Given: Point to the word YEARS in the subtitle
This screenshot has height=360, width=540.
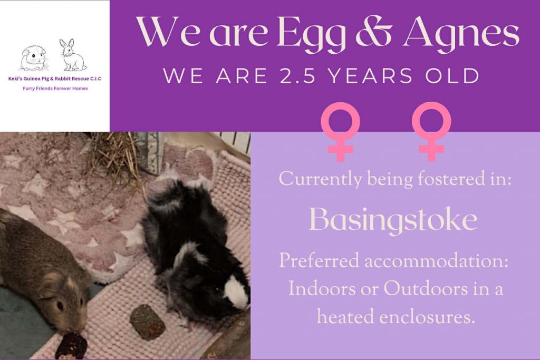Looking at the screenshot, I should click(x=370, y=76).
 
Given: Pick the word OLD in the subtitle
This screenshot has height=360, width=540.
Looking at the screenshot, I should click(x=453, y=76).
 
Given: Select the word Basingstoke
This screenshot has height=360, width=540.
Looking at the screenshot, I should click(x=393, y=220).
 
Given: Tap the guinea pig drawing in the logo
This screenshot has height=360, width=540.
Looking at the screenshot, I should click(x=33, y=58).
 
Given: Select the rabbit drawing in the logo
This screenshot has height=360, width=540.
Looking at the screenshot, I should click(x=72, y=55).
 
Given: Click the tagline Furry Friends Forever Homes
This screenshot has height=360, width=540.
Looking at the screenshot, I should click(x=55, y=89).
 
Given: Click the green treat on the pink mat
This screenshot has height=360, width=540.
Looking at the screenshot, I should click(x=147, y=322).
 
